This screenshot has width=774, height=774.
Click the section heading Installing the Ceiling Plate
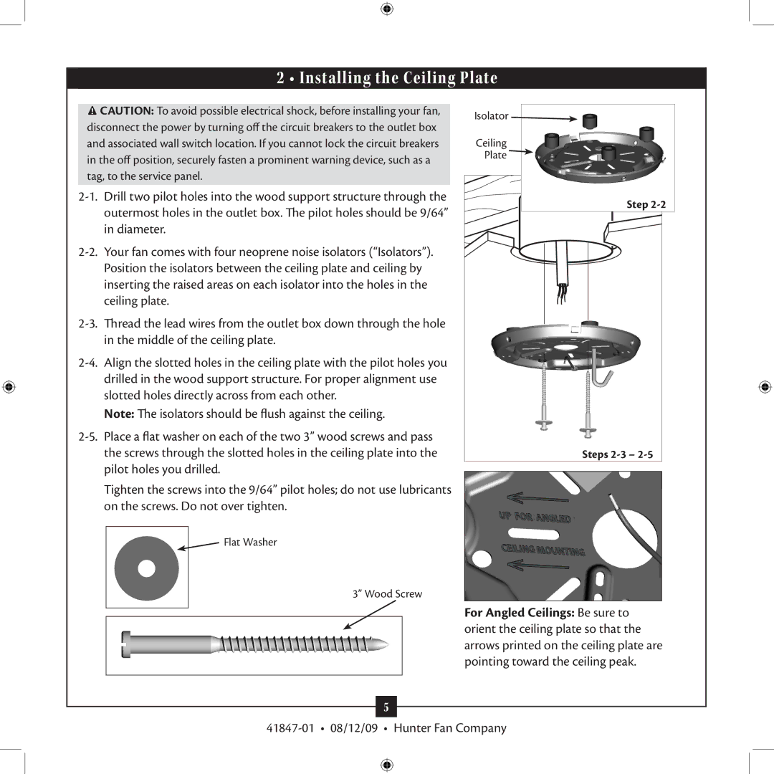click(387, 78)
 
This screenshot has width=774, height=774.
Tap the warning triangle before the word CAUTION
click(92, 111)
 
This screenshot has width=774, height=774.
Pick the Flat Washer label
click(250, 543)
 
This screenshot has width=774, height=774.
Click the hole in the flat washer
click(146, 568)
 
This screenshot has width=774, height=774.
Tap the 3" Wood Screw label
click(387, 594)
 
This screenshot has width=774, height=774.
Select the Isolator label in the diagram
click(491, 116)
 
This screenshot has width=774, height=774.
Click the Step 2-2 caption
click(646, 205)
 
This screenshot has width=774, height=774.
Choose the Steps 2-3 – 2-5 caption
click(617, 454)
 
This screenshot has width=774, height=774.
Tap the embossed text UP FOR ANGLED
click(535, 518)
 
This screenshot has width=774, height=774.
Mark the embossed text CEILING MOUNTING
click(543, 550)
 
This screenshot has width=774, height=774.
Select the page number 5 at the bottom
click(386, 707)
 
